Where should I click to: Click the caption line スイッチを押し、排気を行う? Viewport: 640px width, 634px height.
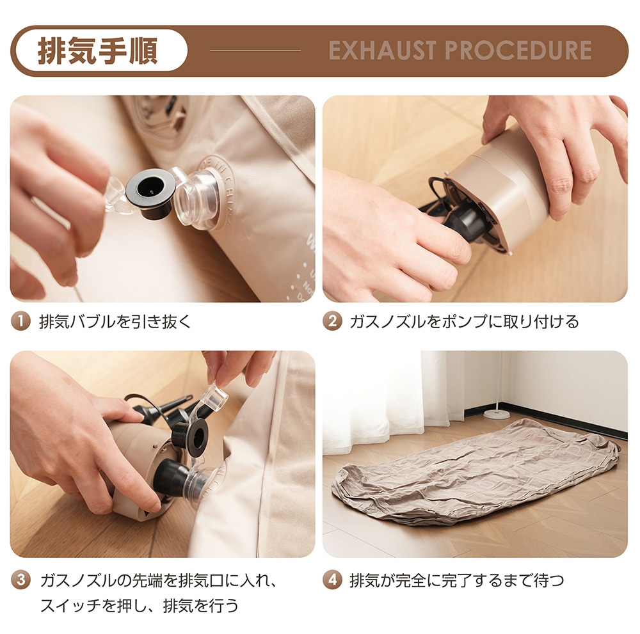pyautogui.click(x=139, y=605)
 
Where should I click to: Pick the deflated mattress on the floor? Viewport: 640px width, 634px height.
pyautogui.click(x=474, y=470)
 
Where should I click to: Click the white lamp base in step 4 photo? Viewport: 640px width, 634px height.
pyautogui.click(x=497, y=414)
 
